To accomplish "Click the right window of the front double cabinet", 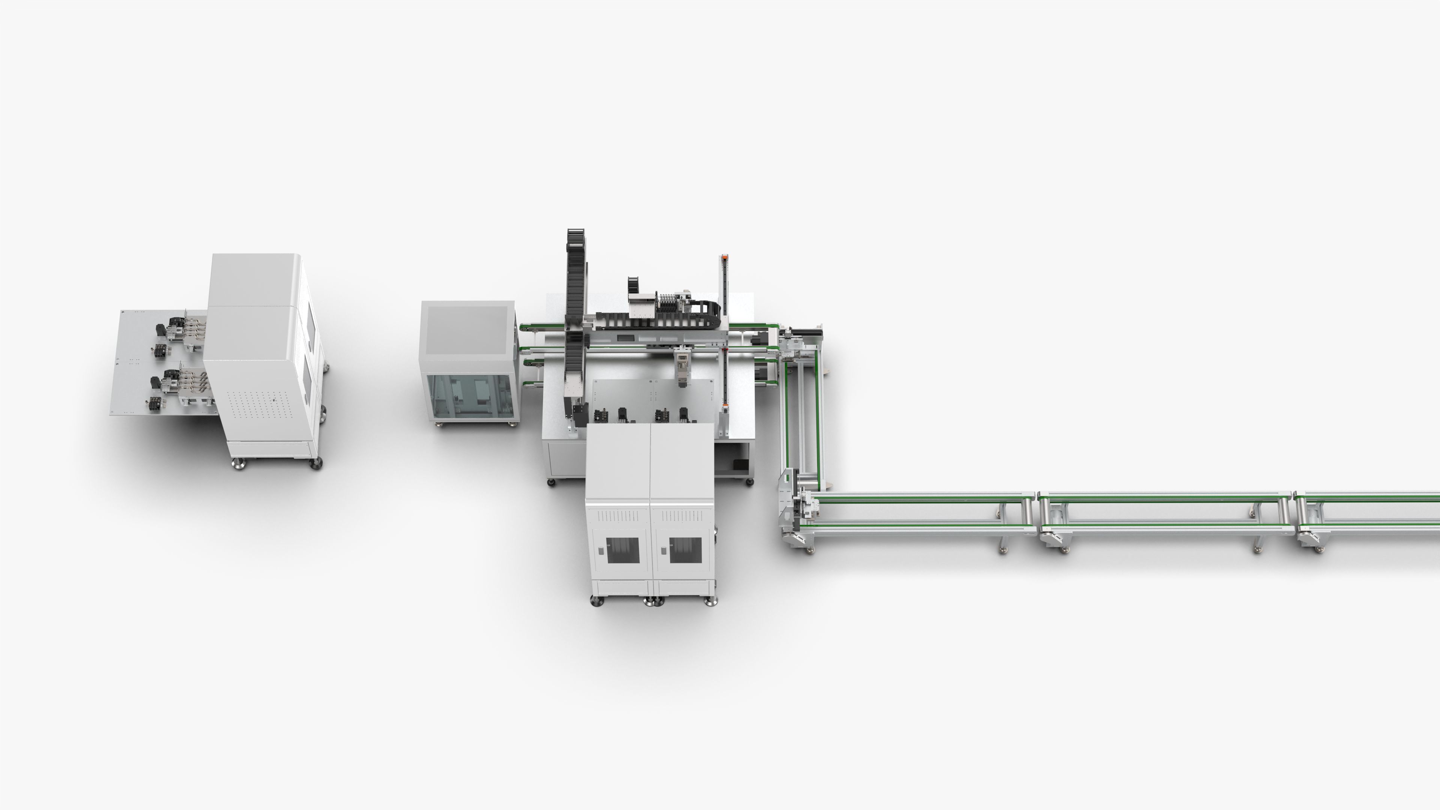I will [685, 550].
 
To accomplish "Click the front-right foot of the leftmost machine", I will [316, 463].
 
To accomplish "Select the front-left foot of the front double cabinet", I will [597, 601].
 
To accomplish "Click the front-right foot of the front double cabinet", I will [711, 601].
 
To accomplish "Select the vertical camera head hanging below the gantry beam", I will [682, 366].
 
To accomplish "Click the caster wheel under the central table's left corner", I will [551, 482].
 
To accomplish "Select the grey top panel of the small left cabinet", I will [467, 330].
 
